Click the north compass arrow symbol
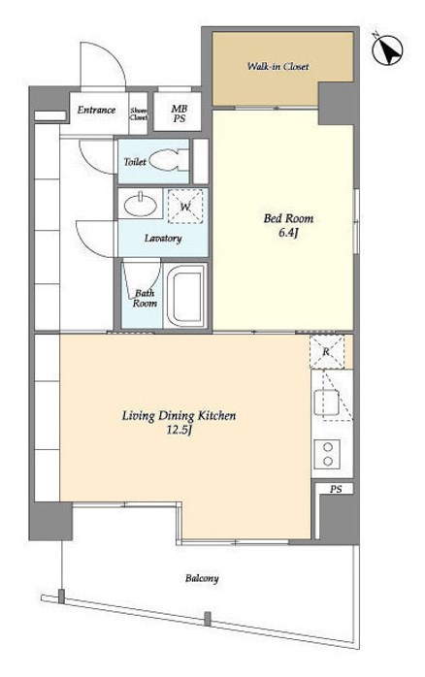[387, 50]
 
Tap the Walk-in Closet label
[278, 67]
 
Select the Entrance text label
[96, 111]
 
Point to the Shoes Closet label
[139, 114]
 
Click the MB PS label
[180, 113]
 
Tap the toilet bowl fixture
[169, 161]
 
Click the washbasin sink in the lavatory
[141, 205]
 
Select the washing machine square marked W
[185, 207]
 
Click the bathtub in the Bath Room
[185, 296]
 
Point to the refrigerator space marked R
[327, 351]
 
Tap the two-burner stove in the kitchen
[327, 454]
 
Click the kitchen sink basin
[327, 403]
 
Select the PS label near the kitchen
[336, 489]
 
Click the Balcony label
[202, 578]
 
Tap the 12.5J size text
[179, 430]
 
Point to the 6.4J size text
[288, 234]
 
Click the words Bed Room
[288, 218]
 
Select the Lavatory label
[163, 239]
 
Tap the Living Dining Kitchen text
[179, 416]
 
